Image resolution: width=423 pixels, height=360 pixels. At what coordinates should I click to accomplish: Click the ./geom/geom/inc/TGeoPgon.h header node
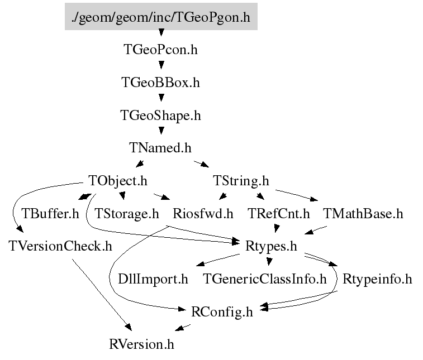pyautogui.click(x=161, y=18)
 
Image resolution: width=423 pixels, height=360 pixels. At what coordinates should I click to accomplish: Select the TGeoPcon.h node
pyautogui.click(x=161, y=50)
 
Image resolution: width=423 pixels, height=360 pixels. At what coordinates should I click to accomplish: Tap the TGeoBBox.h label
pyautogui.click(x=161, y=83)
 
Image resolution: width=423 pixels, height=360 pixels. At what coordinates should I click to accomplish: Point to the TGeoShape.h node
pyautogui.click(x=161, y=116)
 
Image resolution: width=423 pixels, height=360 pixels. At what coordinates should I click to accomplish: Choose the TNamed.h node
pyautogui.click(x=161, y=148)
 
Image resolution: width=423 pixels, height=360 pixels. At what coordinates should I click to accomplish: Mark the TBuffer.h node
pyautogui.click(x=50, y=214)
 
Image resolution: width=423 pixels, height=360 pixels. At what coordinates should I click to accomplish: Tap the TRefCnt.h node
pyautogui.click(x=279, y=214)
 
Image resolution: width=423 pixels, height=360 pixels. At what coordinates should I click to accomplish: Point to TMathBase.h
pyautogui.click(x=363, y=214)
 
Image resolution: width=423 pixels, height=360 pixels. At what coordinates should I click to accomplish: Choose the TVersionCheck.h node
pyautogui.click(x=61, y=246)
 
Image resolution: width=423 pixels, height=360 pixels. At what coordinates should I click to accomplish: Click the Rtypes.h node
pyautogui.click(x=271, y=246)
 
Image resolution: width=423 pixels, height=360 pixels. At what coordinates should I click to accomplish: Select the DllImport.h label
pyautogui.click(x=153, y=279)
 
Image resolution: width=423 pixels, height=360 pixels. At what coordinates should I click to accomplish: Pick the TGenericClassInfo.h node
pyautogui.click(x=265, y=279)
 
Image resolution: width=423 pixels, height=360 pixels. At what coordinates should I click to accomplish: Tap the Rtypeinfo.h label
pyautogui.click(x=377, y=279)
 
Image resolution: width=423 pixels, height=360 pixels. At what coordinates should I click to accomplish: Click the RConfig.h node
pyautogui.click(x=222, y=311)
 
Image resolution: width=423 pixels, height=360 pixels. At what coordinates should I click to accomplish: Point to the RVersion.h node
pyautogui.click(x=142, y=344)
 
